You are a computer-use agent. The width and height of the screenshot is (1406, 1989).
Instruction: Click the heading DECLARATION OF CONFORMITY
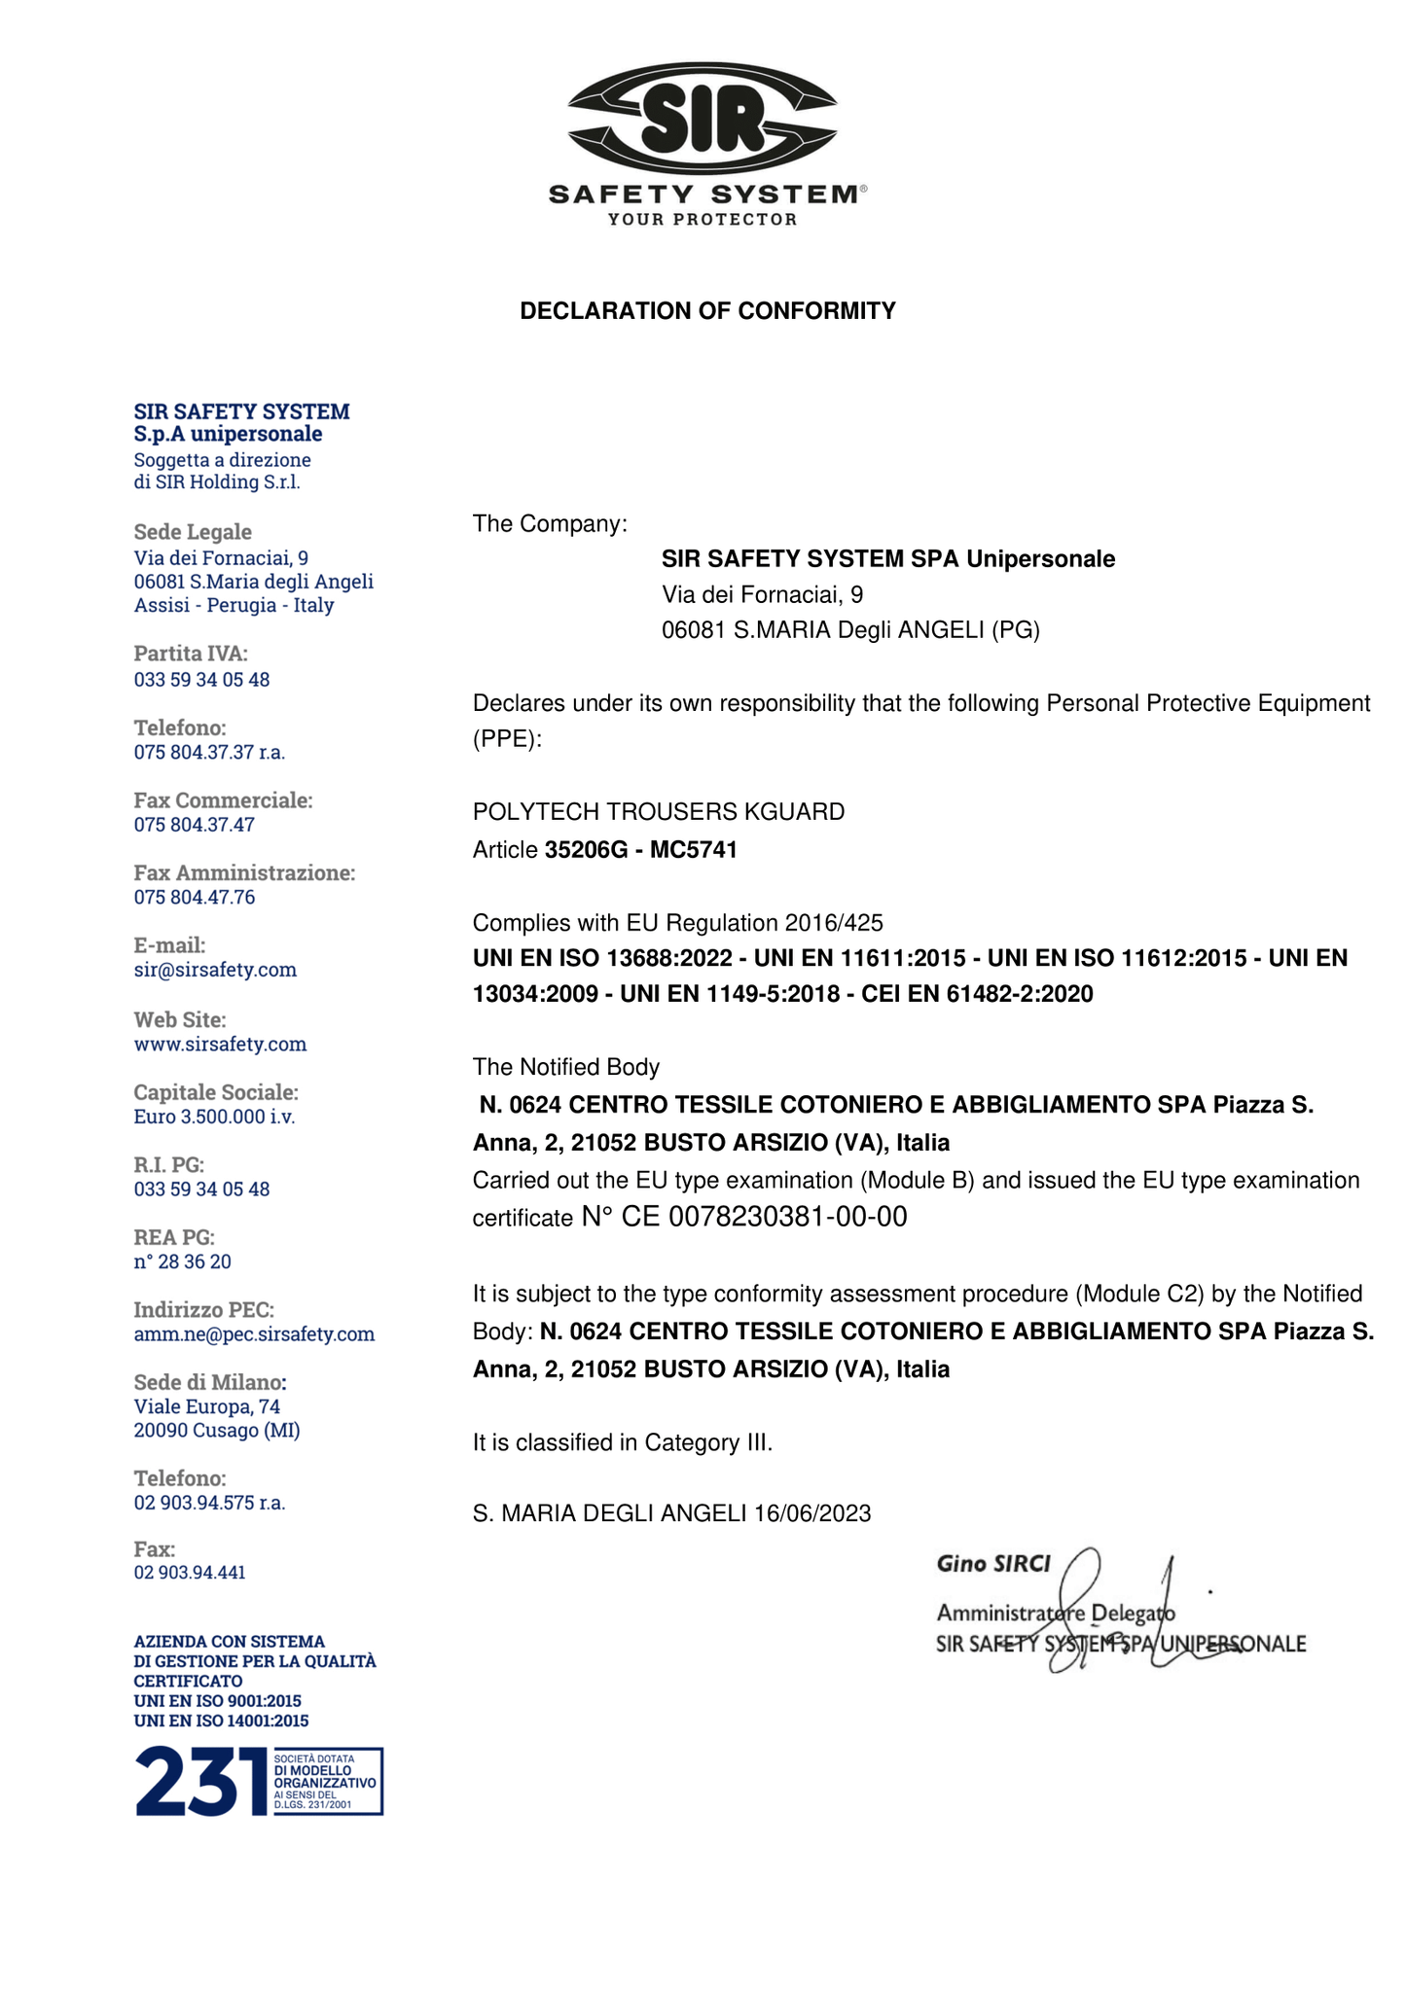707,311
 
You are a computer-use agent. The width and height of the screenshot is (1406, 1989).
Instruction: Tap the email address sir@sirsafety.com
215,970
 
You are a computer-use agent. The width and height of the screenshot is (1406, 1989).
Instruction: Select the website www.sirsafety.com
220,1044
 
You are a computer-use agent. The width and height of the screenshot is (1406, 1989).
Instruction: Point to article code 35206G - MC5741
640,850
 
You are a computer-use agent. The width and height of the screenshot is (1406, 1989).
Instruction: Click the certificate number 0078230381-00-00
788,1217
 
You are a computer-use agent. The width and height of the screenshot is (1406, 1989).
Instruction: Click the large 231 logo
201,1781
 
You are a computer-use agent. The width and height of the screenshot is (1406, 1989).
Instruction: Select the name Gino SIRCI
992,1564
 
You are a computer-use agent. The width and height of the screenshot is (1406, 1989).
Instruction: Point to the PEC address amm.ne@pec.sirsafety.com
254,1334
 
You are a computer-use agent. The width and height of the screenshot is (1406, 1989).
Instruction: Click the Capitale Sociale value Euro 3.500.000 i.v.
214,1117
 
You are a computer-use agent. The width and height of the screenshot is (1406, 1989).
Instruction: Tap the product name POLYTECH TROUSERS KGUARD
659,811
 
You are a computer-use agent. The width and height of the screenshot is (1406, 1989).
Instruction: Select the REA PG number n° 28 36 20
183,1261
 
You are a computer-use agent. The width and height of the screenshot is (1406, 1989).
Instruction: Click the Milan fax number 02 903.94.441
190,1572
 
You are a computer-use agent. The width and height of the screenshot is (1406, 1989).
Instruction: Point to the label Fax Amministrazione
244,872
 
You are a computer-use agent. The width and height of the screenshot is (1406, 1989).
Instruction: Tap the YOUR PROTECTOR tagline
702,220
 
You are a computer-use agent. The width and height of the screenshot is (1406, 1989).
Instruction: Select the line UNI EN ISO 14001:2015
221,1721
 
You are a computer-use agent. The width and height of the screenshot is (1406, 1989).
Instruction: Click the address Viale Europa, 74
207,1406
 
